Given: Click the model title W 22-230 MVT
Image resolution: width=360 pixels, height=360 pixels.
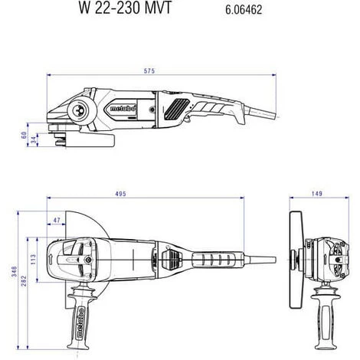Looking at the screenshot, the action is click(x=125, y=8).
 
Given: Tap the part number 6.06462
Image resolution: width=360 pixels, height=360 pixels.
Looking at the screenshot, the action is click(x=244, y=10).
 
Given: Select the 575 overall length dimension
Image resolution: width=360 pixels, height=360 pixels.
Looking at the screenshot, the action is click(x=149, y=70).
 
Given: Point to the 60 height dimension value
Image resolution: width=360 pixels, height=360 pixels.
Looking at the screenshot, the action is click(x=24, y=135).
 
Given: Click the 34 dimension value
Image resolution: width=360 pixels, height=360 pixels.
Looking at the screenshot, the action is click(x=34, y=139).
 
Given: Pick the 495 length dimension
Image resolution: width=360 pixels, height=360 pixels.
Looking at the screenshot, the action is click(x=120, y=194).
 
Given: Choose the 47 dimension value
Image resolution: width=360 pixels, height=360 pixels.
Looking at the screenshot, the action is click(x=57, y=220).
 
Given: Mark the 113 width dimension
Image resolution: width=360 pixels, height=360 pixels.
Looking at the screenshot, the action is click(x=33, y=260).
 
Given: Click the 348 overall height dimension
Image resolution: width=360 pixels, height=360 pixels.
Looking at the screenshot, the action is click(x=15, y=271).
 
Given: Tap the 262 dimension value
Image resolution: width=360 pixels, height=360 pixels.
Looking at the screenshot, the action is click(x=24, y=281).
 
